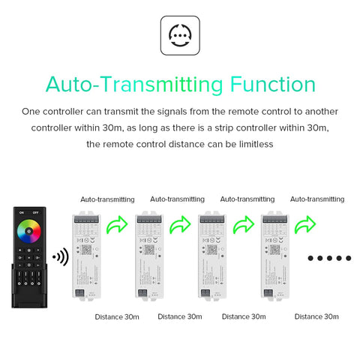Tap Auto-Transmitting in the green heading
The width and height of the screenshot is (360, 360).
click(x=131, y=83)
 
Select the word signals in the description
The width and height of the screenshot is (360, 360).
click(x=175, y=111)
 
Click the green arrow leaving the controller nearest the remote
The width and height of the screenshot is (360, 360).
click(x=118, y=225)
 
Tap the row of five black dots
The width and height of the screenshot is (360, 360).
click(x=329, y=258)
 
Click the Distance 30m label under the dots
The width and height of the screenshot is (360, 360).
click(x=317, y=316)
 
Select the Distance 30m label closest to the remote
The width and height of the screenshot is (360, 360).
click(x=117, y=316)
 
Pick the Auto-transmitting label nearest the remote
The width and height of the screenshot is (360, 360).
click(x=108, y=199)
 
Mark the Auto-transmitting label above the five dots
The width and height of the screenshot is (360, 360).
click(x=317, y=199)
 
